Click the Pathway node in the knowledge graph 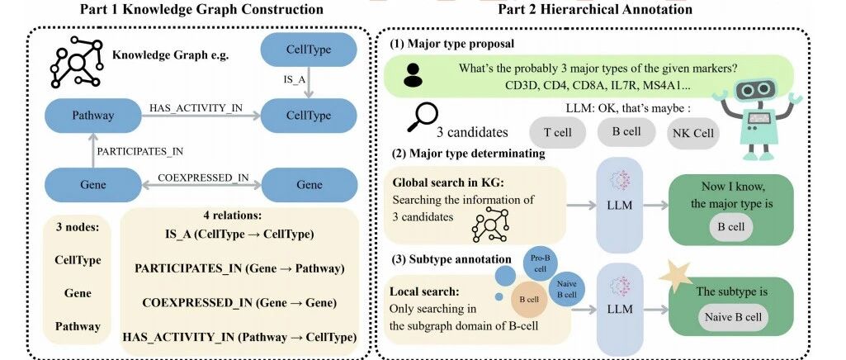(x=92, y=116)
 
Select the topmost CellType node (x=310, y=50)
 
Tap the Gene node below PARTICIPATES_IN (x=92, y=185)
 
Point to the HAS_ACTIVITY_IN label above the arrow (x=196, y=108)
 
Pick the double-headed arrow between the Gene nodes (x=201, y=185)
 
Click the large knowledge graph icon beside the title (x=76, y=62)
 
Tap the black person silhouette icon (x=414, y=75)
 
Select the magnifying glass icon (x=422, y=116)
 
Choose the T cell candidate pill (x=558, y=132)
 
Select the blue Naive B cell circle (x=566, y=289)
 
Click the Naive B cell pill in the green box (x=733, y=318)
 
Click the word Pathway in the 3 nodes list (x=78, y=326)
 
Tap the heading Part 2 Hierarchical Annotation (x=595, y=9)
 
